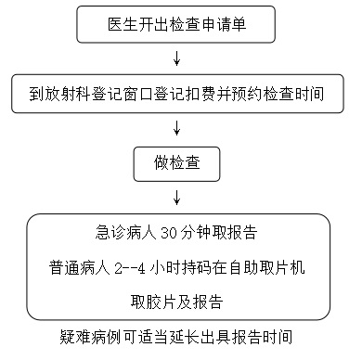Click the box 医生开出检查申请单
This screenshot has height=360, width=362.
[x=176, y=21]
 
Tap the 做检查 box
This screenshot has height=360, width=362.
[x=177, y=163]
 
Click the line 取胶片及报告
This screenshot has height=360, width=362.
[x=177, y=302]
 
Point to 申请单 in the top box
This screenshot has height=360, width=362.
[x=224, y=21]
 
